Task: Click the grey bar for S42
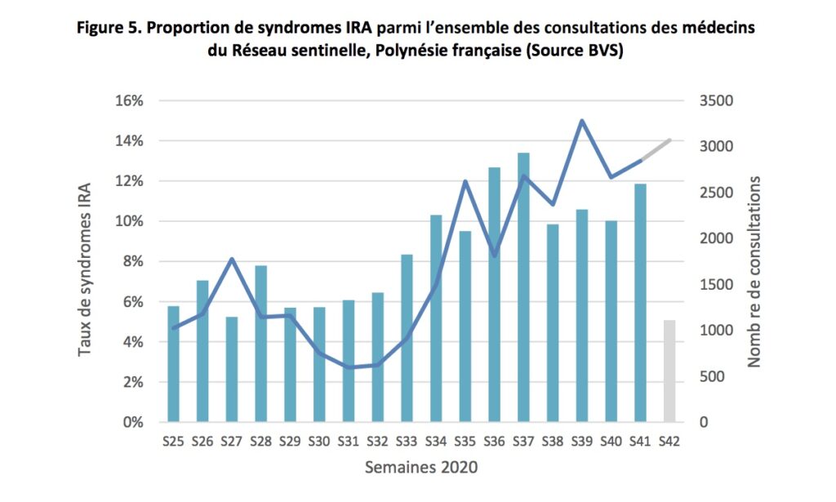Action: [x=669, y=371]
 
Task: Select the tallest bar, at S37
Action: [x=523, y=287]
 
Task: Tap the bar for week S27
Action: [x=232, y=369]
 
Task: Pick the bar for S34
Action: [x=436, y=318]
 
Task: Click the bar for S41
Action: [x=640, y=303]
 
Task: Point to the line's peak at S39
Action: [x=582, y=121]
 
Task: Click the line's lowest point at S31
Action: [x=349, y=367]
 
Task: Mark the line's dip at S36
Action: [x=494, y=255]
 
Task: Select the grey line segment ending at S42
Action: [x=656, y=149]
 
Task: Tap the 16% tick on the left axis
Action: [x=129, y=100]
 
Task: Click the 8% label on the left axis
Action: [x=133, y=262]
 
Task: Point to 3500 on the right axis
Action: [x=716, y=100]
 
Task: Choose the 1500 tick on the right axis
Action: [x=716, y=285]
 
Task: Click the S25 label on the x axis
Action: [x=173, y=442]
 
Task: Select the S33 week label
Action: [x=407, y=442]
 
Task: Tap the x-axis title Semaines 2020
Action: [x=421, y=468]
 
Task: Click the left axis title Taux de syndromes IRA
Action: [x=85, y=269]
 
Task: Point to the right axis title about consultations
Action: [x=754, y=272]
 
